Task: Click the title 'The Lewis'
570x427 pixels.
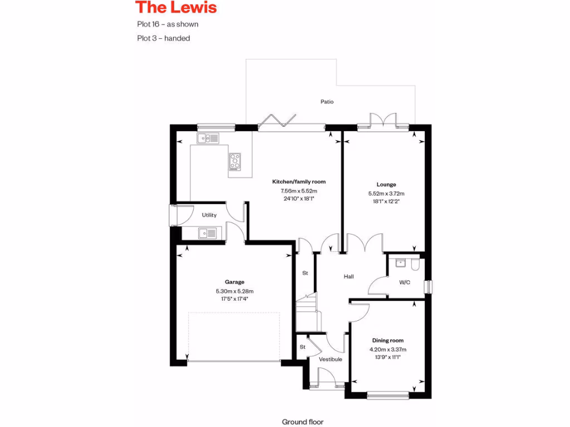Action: pos(176,8)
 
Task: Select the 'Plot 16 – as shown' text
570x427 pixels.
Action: pos(168,24)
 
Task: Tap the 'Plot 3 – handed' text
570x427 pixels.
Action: pos(163,38)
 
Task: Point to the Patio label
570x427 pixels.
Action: pos(327,102)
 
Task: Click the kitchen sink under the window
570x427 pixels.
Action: pos(207,138)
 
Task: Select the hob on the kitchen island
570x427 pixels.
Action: pos(235,161)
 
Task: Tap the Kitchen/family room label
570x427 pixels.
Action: pos(298,182)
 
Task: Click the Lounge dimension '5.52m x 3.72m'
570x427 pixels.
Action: pos(386,193)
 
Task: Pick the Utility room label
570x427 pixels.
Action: pos(209,215)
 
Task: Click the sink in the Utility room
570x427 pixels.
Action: pos(208,233)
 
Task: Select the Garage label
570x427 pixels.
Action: pos(234,282)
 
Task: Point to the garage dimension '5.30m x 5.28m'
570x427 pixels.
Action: pos(234,291)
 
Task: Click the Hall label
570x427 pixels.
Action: pos(348,276)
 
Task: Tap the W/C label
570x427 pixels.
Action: pos(405,282)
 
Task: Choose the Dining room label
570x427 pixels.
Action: pos(388,340)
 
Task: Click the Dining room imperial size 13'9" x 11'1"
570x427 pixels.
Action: pos(388,358)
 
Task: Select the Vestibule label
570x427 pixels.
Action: pos(330,359)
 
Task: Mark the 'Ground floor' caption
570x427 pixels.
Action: pos(302,422)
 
